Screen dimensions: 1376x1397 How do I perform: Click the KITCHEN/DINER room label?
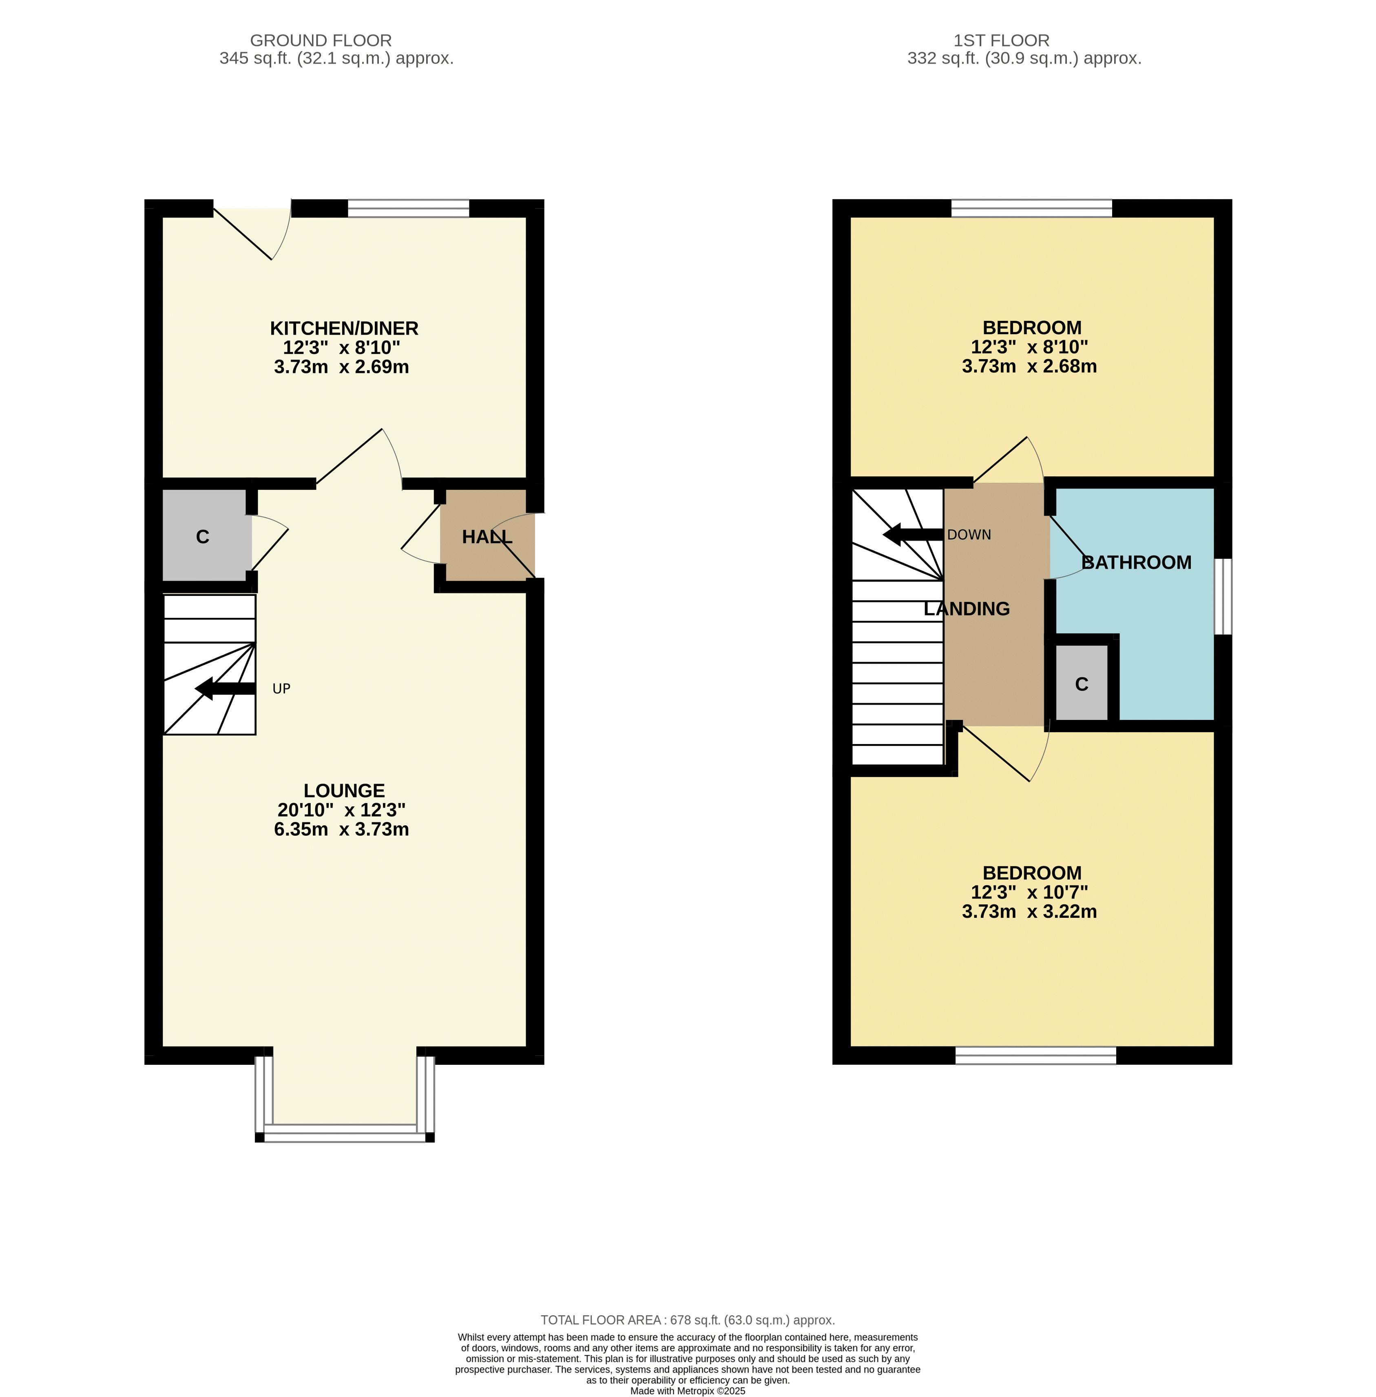344,328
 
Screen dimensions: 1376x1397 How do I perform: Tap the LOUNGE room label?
344,791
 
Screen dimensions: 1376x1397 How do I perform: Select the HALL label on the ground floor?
487,537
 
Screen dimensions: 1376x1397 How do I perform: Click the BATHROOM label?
1136,562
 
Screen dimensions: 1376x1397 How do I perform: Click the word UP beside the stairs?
281,689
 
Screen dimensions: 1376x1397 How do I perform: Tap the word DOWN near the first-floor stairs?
969,535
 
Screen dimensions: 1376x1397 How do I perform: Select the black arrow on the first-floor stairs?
914,535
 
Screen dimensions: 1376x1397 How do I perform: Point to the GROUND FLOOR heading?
321,40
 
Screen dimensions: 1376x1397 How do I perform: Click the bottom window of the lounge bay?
345,1133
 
